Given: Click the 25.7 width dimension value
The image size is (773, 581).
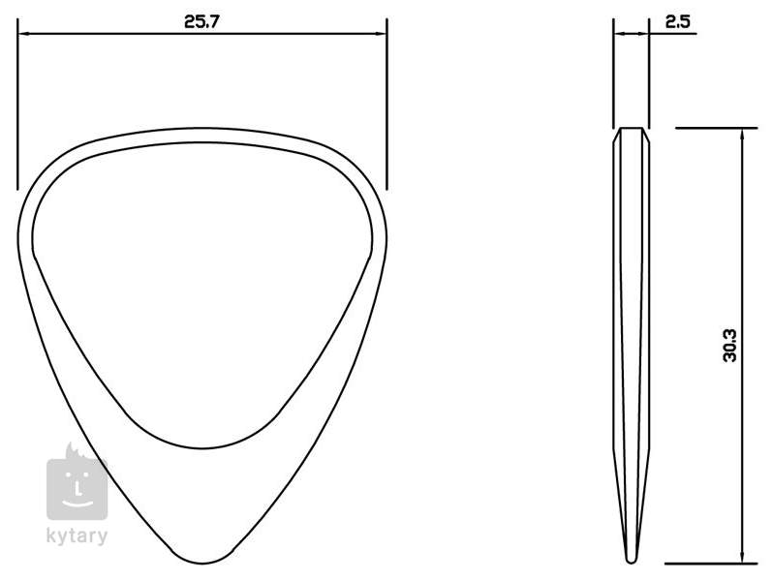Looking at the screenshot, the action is [201, 21].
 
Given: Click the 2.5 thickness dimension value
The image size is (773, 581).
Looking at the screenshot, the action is [678, 21].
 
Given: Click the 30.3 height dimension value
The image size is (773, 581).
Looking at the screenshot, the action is [729, 346].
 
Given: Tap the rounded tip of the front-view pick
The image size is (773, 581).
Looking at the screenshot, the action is [202, 562].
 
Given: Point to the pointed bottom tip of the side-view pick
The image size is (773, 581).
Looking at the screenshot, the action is [631, 561].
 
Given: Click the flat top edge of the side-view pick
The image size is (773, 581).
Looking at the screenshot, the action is [631, 128].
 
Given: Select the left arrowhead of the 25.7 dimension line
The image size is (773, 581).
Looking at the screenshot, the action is [23, 34].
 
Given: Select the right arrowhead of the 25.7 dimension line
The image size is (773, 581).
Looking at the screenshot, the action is [381, 34].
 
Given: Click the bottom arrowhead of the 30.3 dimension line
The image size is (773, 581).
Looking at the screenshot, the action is [742, 557].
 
